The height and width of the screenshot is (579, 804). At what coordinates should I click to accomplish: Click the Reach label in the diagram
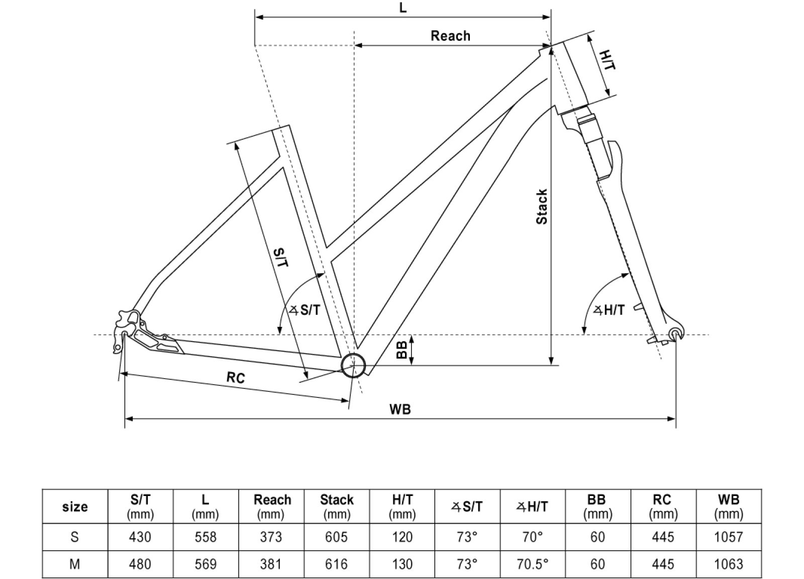450,36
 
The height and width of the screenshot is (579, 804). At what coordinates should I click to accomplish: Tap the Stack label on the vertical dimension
542,207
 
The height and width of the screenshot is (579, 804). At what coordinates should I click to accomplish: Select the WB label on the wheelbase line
400,409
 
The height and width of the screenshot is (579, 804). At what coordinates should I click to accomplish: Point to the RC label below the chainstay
235,377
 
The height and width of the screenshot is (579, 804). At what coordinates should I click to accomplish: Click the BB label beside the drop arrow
401,350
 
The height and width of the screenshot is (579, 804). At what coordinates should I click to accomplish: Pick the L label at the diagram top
403,9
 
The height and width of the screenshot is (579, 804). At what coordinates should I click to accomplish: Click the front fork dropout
676,333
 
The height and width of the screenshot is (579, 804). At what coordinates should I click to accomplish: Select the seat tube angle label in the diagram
306,310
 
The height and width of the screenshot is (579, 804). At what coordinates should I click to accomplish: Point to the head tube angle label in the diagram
610,310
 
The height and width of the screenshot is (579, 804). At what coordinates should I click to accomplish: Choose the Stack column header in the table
337,506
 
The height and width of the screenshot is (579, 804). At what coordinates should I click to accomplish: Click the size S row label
74,537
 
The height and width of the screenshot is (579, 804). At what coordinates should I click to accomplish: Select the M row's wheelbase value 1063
728,564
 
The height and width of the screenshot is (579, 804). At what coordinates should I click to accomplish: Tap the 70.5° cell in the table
532,564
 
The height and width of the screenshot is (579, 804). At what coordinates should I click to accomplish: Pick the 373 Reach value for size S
271,537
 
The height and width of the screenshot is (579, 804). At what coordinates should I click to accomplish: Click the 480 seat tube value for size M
140,564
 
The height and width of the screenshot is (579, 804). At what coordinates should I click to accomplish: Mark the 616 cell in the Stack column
336,564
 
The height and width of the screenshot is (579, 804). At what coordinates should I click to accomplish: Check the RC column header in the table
662,506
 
